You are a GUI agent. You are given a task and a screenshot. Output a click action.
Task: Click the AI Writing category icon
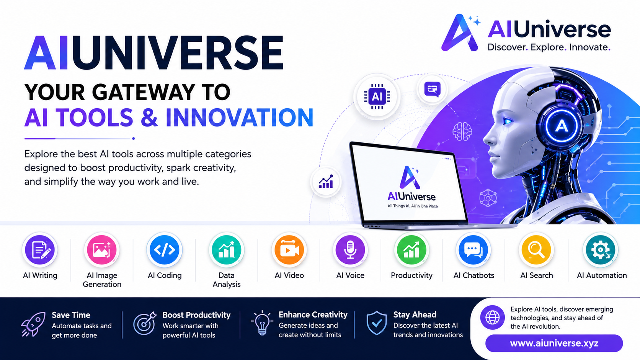pos(40,250)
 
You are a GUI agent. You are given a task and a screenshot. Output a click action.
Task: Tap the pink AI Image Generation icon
pos(102,250)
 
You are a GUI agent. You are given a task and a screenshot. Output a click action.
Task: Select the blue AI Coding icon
pos(164,250)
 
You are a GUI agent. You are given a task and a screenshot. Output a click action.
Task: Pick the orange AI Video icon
pos(289,250)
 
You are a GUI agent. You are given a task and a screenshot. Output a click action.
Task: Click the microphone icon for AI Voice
pos(350,250)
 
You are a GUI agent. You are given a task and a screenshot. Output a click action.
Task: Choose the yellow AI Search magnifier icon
pos(536,250)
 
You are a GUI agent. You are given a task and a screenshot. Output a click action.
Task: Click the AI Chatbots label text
pos(474,275)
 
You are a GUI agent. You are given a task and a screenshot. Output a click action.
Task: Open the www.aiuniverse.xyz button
pos(554,343)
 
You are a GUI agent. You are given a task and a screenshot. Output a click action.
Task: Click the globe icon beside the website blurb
pos(492,317)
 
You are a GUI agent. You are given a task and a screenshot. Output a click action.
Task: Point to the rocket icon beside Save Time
pos(33,324)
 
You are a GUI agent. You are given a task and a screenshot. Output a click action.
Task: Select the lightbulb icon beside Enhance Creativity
pos(262,323)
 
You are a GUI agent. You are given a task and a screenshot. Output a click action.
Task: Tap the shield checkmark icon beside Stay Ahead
pos(377,323)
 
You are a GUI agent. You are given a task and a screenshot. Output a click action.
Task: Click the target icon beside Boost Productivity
pos(145,323)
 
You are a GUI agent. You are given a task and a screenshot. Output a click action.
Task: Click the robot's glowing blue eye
pos(508,121)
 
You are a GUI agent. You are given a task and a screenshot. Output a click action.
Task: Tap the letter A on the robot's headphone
pos(561,126)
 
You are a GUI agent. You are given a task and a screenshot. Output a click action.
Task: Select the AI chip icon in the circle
pos(377,96)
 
